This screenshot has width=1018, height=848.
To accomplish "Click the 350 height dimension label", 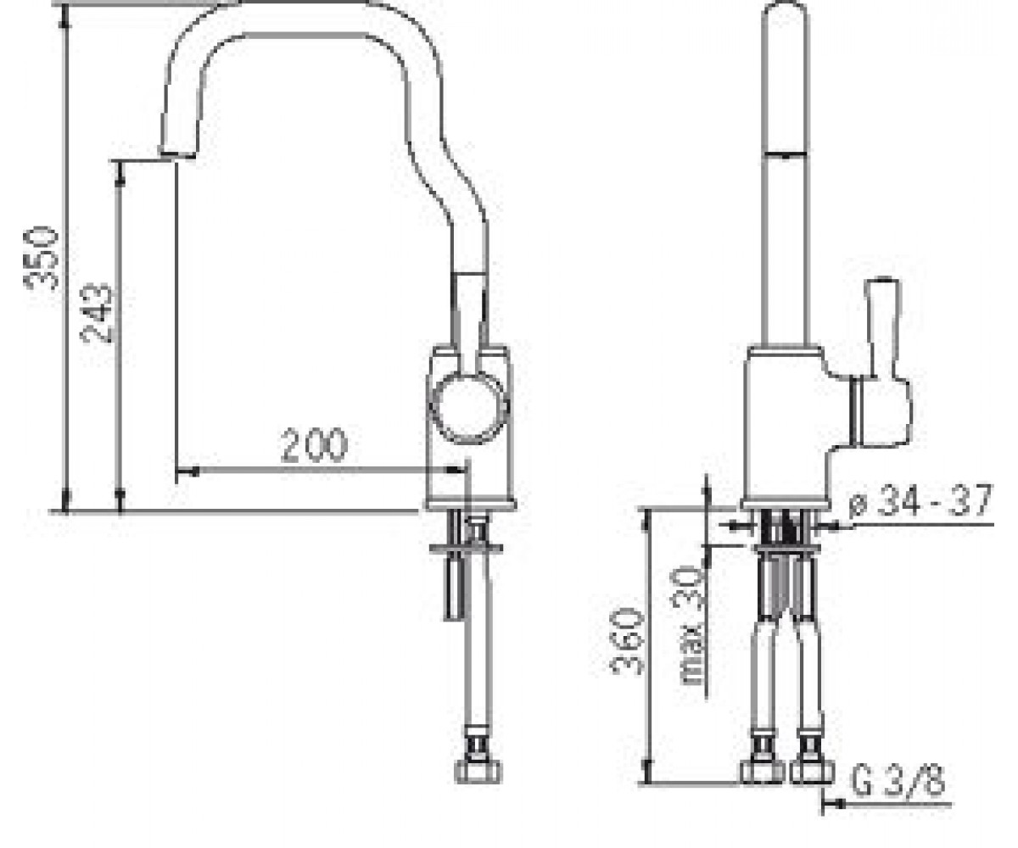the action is tap(42, 258).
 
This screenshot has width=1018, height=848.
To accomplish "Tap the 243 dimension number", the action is tap(97, 313).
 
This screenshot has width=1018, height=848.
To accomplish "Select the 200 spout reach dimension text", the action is tap(314, 445).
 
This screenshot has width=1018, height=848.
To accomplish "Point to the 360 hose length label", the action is tap(629, 641).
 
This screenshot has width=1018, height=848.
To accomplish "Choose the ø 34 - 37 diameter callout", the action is tap(920, 500).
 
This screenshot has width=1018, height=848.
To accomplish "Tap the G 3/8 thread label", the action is tap(898, 781).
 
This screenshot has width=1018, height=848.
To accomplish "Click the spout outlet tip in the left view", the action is tap(177, 154).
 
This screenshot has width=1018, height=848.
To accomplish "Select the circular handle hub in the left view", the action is tap(469, 409).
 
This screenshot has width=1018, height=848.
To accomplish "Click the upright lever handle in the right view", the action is tap(882, 332).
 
